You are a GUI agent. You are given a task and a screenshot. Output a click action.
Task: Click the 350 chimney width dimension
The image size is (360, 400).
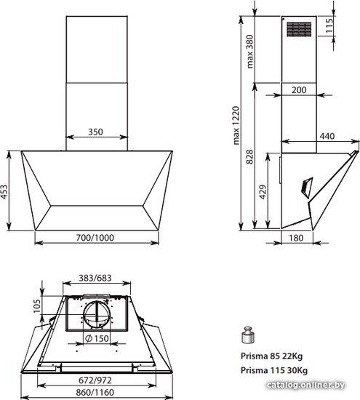point(96,132)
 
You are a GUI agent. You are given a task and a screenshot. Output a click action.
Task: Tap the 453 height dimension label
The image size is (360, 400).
point(4,191)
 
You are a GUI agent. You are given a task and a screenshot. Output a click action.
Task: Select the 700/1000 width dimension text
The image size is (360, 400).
point(95,238)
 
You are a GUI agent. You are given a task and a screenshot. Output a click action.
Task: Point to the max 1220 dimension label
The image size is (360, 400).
point(236,125)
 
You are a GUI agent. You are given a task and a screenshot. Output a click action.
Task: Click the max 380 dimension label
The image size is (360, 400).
point(249,52)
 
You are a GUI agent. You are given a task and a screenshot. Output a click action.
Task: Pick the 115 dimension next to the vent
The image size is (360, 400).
point(329,25)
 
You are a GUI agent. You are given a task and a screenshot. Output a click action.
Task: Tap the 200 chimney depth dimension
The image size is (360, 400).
point(299,89)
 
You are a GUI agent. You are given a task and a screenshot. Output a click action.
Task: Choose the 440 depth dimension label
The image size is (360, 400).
point(327,136)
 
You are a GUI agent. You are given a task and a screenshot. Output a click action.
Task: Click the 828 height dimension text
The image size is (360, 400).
point(249,156)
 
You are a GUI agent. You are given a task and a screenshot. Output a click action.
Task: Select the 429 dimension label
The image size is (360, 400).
point(263,192)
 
